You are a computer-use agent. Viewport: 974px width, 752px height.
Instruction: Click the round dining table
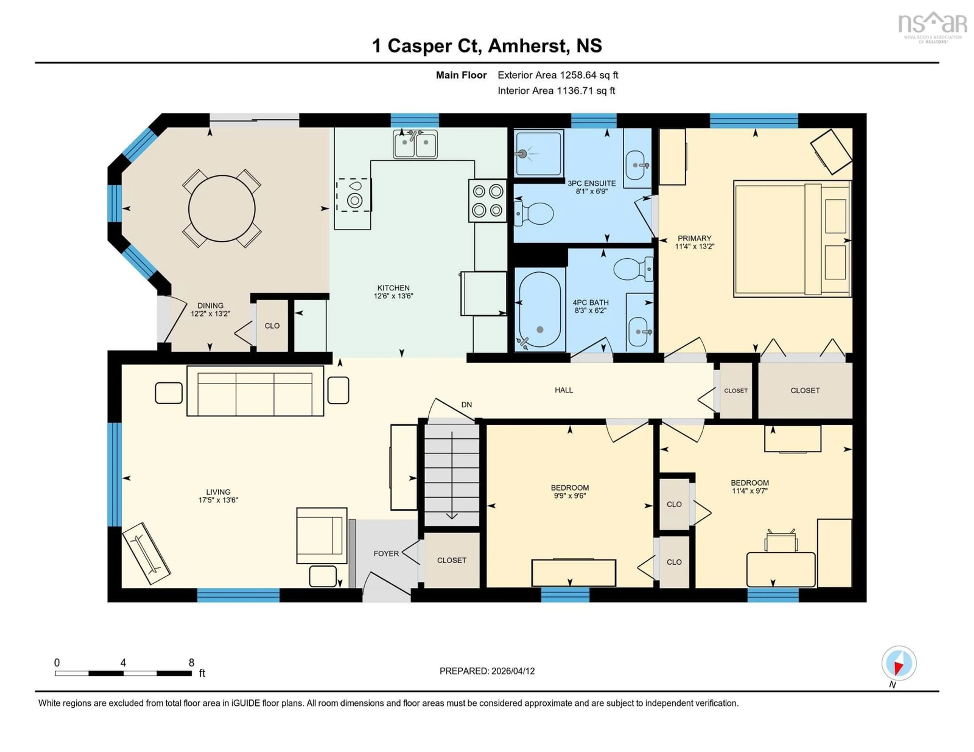[x=222, y=209]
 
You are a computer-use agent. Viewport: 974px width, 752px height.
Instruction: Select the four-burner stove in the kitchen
[x=487, y=201]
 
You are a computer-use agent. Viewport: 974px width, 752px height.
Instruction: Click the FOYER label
[x=386, y=553]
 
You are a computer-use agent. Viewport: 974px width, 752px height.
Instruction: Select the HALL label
[x=563, y=390]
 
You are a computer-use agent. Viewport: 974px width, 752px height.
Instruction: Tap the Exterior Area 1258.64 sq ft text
[x=558, y=75]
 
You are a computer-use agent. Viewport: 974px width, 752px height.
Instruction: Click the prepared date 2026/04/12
[x=512, y=671]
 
